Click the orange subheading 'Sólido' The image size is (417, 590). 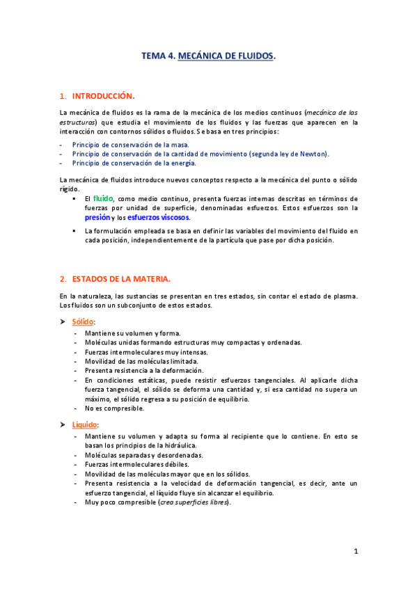tap(84, 322)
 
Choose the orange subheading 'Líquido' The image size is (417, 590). tap(86, 424)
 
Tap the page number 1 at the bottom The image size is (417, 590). tap(355, 552)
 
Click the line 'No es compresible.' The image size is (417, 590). tap(115, 408)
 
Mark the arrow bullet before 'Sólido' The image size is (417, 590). tap(64, 322)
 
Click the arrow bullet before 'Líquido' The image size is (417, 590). tap(64, 424)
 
